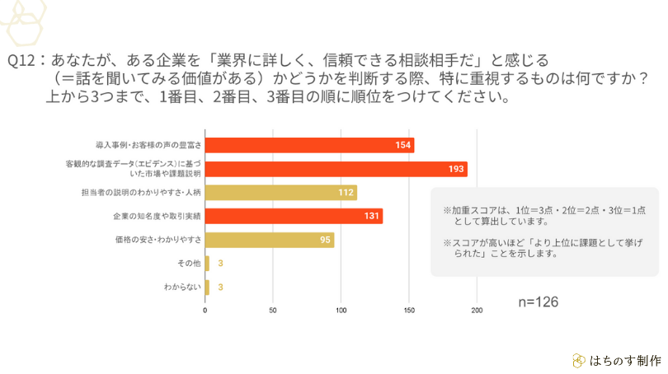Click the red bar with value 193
pyautogui.click(x=336, y=169)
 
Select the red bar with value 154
pyautogui.click(x=309, y=145)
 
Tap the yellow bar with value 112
pyautogui.click(x=280, y=193)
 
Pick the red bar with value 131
pyautogui.click(x=294, y=217)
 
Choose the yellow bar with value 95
pyautogui.click(x=269, y=241)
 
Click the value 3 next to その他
pyautogui.click(x=221, y=264)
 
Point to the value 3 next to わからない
pyautogui.click(x=221, y=288)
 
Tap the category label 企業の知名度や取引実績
pyautogui.click(x=157, y=216)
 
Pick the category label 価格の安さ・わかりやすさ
pyautogui.click(x=158, y=240)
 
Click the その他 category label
pyautogui.click(x=189, y=264)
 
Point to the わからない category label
pyautogui.click(x=181, y=288)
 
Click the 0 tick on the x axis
pyautogui.click(x=205, y=311)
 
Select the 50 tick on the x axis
pyautogui.click(x=273, y=311)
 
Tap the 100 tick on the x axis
pyautogui.click(x=341, y=311)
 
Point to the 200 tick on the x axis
pyautogui.click(x=476, y=311)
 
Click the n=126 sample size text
pyautogui.click(x=538, y=302)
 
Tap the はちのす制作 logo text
pyautogui.click(x=624, y=360)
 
